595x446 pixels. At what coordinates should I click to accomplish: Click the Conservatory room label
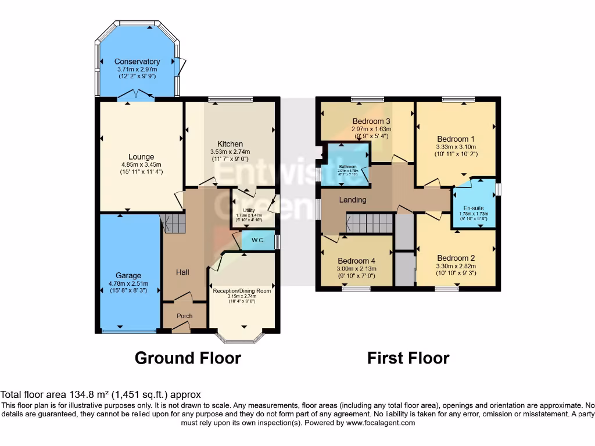(x=137, y=62)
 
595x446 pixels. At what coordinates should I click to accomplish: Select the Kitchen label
(x=230, y=144)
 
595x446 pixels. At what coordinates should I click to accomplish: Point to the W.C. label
(x=259, y=240)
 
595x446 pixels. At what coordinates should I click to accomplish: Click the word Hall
(x=182, y=272)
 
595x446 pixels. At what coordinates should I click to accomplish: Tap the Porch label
(x=185, y=316)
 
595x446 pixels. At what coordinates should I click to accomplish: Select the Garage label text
(x=128, y=276)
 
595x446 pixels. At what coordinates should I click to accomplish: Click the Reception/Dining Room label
(x=242, y=291)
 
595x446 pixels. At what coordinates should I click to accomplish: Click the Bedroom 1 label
(x=456, y=139)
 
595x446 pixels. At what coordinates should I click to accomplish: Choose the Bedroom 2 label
(x=456, y=258)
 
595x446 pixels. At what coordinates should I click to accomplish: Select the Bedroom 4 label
(x=357, y=261)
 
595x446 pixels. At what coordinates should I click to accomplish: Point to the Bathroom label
(x=347, y=167)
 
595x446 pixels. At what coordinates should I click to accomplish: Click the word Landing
(x=353, y=200)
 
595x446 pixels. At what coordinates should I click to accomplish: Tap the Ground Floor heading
(x=188, y=358)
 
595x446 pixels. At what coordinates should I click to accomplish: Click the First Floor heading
(x=408, y=358)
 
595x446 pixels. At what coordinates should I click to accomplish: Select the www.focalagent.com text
(x=380, y=423)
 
